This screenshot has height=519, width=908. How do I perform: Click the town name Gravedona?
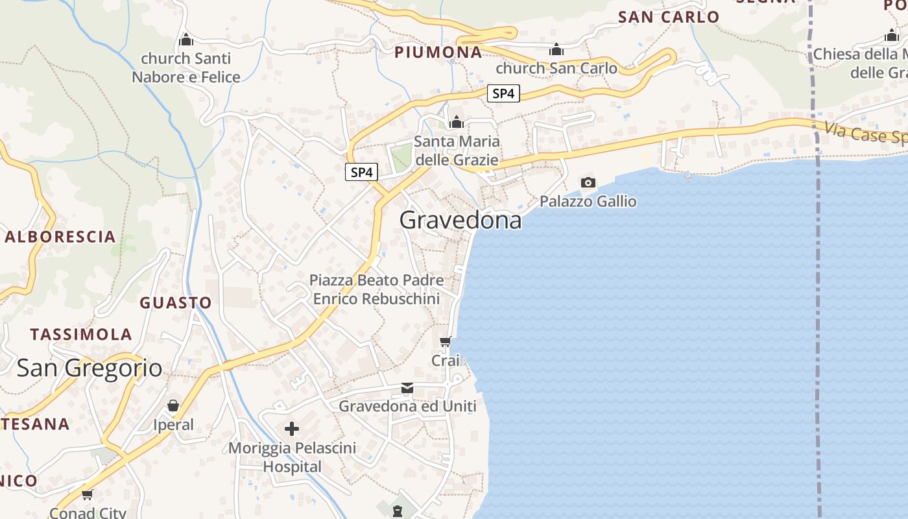(460, 221)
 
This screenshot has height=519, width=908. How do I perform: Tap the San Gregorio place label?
(90, 368)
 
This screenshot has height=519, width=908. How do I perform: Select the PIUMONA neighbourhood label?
(438, 53)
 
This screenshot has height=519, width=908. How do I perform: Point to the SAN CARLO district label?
(669, 18)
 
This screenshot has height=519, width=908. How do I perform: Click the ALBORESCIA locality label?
(60, 237)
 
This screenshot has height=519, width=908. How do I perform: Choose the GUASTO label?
(176, 303)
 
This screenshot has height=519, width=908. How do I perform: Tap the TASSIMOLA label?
(81, 335)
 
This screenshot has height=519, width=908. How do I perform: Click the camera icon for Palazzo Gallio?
(588, 182)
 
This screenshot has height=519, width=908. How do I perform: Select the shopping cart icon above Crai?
(446, 341)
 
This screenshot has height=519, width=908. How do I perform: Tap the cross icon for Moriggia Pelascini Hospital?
(292, 428)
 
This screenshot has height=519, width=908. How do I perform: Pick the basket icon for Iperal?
(173, 405)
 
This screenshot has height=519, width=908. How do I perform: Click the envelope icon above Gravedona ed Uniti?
(407, 388)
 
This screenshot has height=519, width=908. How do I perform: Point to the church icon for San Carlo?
(556, 49)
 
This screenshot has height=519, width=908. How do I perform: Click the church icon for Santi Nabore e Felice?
(186, 40)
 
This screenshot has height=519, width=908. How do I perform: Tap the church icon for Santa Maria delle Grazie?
(457, 122)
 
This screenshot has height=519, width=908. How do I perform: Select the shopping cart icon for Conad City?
(88, 494)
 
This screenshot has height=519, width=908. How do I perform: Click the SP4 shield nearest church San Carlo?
(503, 93)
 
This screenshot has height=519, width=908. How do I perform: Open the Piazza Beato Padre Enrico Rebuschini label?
(376, 289)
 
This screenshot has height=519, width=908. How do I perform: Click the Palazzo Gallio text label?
(588, 202)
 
